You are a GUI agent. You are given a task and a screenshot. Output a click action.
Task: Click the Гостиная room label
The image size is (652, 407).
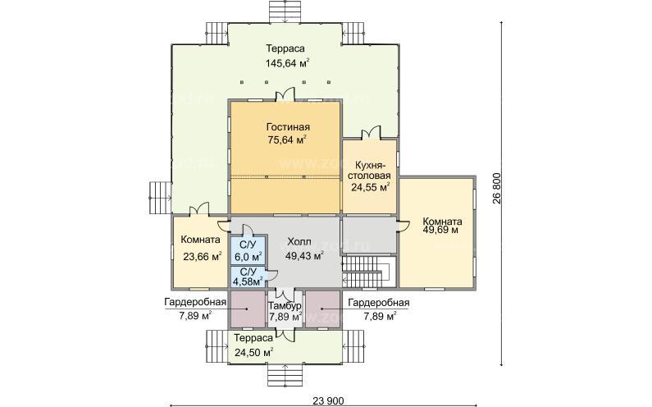pos(288,127)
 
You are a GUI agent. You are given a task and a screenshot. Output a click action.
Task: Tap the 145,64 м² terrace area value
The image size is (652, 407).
pos(288,63)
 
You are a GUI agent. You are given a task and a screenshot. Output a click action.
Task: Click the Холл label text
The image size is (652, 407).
pos(299,242)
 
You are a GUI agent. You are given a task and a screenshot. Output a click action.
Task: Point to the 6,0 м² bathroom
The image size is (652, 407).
pos(248,251)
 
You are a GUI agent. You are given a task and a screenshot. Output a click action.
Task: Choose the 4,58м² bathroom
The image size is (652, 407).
pos(248,277)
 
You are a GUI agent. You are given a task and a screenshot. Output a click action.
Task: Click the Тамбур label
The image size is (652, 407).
pos(285,306)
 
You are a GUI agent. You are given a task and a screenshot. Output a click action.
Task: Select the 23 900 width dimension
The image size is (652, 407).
pos(329,400)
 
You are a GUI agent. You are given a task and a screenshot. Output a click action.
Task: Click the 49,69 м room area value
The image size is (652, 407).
pos(440,230)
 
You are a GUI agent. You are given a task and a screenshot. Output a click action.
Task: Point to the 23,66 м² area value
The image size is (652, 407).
pos(203,257)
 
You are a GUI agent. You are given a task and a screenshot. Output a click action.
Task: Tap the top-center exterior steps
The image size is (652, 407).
pos(285,12)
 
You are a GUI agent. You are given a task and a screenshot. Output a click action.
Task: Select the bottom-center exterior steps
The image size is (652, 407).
pos(285,376)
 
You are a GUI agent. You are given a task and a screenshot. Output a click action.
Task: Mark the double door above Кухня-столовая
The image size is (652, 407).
pos(371,133)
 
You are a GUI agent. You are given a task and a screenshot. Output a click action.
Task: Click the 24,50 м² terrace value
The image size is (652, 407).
pos(253,353)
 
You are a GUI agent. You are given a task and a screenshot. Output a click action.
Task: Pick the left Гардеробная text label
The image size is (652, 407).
pos(195,303)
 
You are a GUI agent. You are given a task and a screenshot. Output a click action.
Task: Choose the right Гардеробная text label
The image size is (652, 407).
pos(379,303)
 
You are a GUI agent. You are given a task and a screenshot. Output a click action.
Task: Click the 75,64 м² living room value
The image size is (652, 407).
pos(288,139)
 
